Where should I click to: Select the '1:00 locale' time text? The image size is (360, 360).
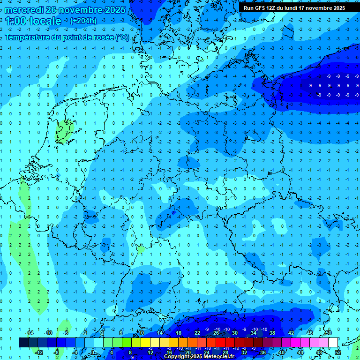[x=33, y=22]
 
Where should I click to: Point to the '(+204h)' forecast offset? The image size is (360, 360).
[x=83, y=21]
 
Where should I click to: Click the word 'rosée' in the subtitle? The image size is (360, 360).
[x=103, y=37]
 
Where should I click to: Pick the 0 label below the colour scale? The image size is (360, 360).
[x=93, y=352]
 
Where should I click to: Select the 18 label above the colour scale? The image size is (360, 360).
[x=178, y=333]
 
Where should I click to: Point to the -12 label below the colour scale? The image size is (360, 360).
[x=39, y=352]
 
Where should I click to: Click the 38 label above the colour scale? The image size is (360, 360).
[x=272, y=333]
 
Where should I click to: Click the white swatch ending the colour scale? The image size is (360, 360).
[x=333, y=343]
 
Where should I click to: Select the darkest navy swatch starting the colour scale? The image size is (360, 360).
[x=23, y=343]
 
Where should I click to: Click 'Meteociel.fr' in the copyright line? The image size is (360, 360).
[x=217, y=357]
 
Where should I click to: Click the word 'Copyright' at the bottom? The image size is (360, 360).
[x=177, y=357]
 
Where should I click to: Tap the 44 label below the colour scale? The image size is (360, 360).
[x=300, y=352]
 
